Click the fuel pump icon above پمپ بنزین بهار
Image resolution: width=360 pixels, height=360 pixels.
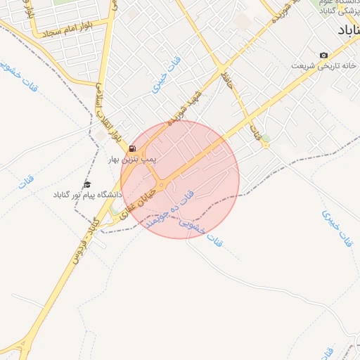[132, 149]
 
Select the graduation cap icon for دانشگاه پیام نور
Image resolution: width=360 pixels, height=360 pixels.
[87, 184]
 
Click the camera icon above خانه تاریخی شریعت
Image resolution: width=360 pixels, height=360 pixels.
[323, 56]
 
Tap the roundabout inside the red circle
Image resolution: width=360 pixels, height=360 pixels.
[162, 186]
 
